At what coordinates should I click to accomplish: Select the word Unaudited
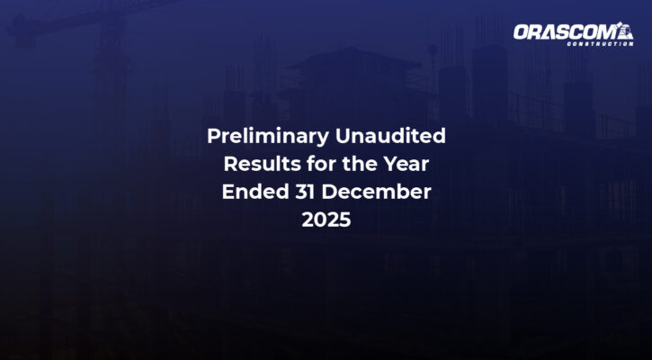coord(390,136)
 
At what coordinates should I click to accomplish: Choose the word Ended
coord(255,192)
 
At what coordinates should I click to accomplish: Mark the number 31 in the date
coord(306,192)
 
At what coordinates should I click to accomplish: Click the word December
coord(376,192)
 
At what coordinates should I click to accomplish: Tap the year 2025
coord(326,220)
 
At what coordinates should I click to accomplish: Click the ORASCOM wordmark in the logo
coord(565,31)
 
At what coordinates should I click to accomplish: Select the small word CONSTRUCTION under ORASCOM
coord(600,44)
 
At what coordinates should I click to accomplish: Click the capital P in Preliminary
coord(213,136)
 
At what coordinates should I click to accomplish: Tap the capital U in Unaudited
coord(343,136)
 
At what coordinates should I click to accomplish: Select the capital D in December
coord(329,192)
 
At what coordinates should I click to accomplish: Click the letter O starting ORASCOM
coord(522,31)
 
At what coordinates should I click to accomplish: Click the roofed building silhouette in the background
coord(353,83)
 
